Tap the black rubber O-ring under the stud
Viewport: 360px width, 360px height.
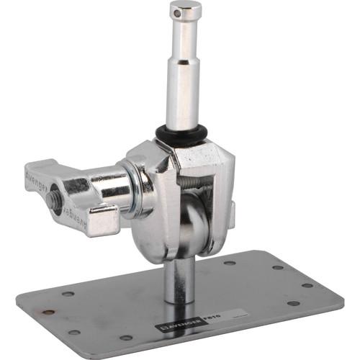(181, 134)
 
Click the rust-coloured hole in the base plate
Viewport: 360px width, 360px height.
(49, 312)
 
